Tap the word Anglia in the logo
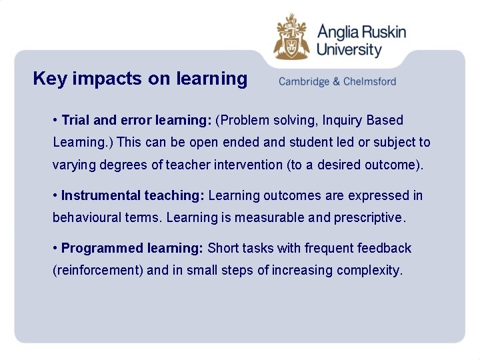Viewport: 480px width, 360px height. [x=336, y=31]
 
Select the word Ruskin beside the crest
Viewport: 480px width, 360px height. [x=383, y=31]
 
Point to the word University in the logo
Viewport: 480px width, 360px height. [x=349, y=49]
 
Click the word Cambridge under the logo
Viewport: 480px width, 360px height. [x=304, y=82]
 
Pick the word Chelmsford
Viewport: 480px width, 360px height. [x=369, y=82]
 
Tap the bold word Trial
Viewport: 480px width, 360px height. [x=76, y=121]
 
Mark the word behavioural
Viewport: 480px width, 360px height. [x=83, y=218]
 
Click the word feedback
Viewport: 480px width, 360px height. [x=384, y=249]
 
